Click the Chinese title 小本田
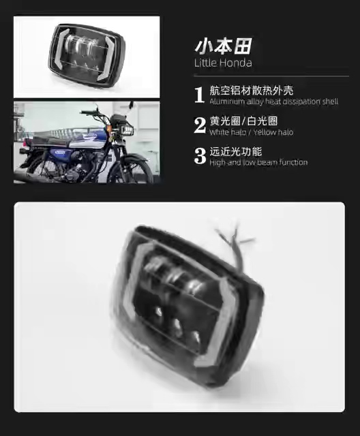click(x=224, y=46)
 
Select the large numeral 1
click(x=200, y=95)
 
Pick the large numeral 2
click(x=200, y=125)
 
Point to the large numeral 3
click(x=200, y=156)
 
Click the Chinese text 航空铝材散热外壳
click(x=251, y=91)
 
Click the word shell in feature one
click(x=330, y=102)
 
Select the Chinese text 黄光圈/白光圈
click(x=243, y=121)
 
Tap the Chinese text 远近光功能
click(x=236, y=152)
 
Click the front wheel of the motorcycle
click(x=133, y=170)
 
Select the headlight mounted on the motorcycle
click(x=127, y=130)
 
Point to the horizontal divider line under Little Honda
click(x=271, y=76)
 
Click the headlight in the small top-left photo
click(x=87, y=55)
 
